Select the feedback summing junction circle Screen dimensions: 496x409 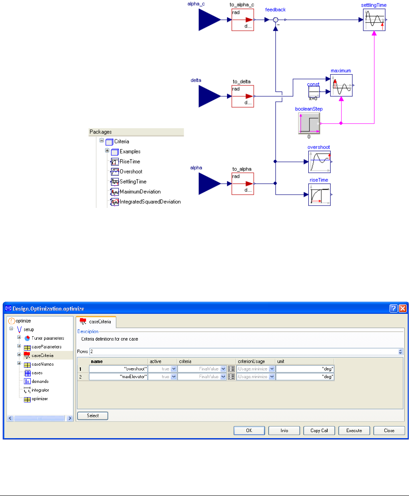point(275,20)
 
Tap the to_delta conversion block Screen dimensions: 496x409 point(243,96)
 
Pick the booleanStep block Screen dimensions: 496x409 point(309,123)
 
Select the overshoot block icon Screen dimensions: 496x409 point(320,161)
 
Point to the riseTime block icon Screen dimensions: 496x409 point(320,195)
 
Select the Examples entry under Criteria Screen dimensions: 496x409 point(130,152)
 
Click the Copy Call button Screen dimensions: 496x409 point(319,430)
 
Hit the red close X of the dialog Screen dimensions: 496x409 point(403,309)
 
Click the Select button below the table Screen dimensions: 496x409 point(93,416)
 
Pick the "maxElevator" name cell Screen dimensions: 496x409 point(118,377)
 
